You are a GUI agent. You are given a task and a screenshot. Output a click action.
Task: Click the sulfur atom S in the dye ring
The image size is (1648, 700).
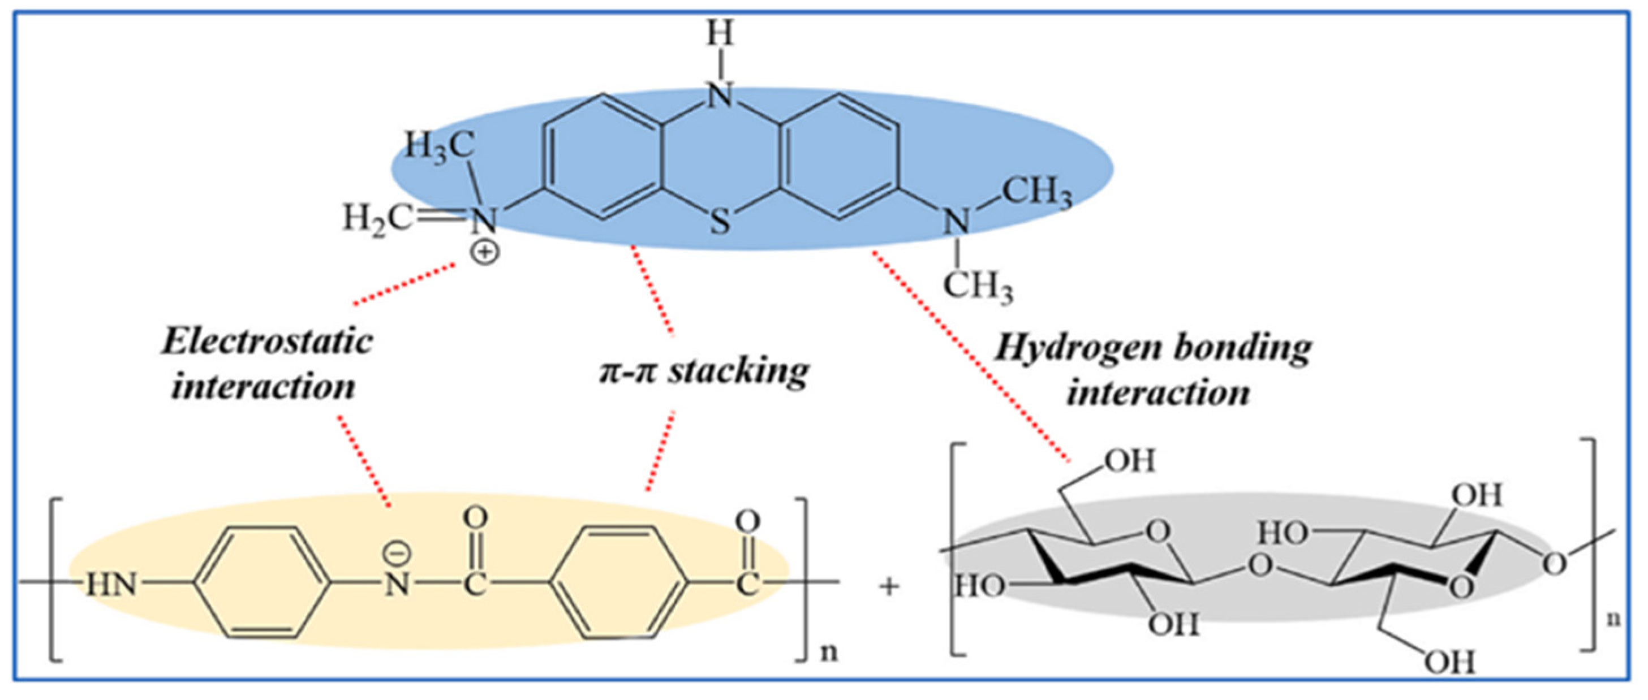(x=720, y=222)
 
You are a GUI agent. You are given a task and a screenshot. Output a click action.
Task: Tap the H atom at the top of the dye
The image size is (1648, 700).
(x=720, y=33)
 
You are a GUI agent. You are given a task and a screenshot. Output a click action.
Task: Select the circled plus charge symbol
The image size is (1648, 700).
(x=485, y=253)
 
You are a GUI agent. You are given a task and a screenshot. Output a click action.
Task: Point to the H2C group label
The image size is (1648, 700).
(x=377, y=219)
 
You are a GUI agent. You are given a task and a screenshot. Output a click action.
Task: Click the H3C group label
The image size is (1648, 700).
(x=440, y=147)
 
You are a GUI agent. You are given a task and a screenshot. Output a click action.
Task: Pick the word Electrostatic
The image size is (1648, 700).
(x=268, y=342)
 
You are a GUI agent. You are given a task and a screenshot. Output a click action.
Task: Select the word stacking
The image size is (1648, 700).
(x=738, y=371)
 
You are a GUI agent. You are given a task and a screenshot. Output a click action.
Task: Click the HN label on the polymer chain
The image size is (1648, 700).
(x=113, y=584)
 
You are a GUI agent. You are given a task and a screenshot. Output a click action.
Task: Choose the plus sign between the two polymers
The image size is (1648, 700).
(x=889, y=586)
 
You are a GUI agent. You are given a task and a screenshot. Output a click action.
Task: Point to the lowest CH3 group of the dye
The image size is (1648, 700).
(x=978, y=286)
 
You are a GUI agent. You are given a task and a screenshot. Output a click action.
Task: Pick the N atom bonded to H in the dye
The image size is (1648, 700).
(x=720, y=96)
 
